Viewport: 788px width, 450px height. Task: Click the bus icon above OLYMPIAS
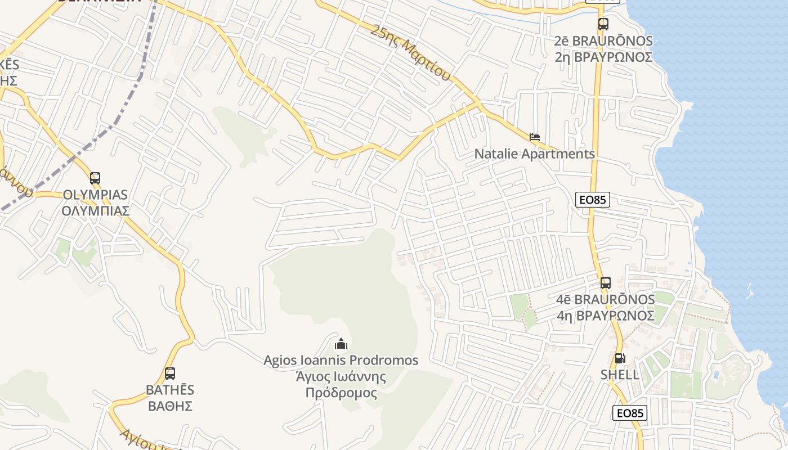coord(95,178)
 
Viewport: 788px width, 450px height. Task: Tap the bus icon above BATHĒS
coord(170,373)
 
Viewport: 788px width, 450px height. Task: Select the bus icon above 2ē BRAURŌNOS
coord(603,24)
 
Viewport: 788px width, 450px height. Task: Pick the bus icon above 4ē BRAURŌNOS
coord(606,283)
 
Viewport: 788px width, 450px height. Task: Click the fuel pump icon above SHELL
coord(620,358)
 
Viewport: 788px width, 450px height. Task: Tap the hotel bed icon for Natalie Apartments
coord(535,137)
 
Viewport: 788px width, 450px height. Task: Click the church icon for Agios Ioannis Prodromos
coord(341,343)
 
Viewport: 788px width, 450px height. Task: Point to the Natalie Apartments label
coord(534,154)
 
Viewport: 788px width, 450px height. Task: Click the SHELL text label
coord(620,375)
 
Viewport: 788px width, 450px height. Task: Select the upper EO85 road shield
coord(593,200)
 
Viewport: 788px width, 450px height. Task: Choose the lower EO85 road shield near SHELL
coord(630,413)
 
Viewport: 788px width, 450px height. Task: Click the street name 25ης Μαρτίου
coord(411,52)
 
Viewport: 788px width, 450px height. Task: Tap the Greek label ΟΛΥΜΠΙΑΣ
coord(96,211)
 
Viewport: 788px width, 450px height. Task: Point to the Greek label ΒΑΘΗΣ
coord(170,406)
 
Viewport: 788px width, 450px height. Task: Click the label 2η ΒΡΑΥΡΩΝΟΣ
coord(603,57)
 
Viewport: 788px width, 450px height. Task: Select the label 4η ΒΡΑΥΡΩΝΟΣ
coord(606,316)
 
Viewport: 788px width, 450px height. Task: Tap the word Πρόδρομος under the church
coord(341,392)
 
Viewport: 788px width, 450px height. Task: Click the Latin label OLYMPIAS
coord(96,195)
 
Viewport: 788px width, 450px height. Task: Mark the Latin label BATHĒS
coord(170,389)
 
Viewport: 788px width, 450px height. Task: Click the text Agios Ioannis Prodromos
coord(341,360)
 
